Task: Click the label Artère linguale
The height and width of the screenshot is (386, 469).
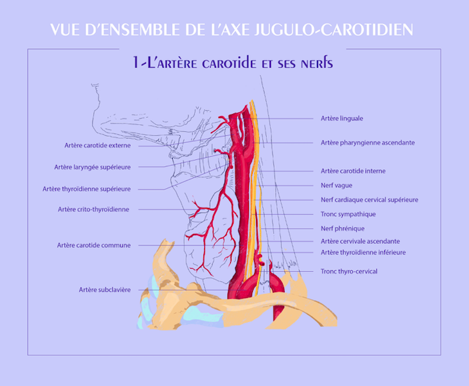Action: (x=342, y=119)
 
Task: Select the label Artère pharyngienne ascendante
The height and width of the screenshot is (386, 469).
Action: (x=368, y=143)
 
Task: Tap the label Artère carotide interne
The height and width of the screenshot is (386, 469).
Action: (x=353, y=171)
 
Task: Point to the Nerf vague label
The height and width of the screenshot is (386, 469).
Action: (x=336, y=186)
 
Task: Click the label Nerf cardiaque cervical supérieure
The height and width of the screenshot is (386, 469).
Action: (x=370, y=200)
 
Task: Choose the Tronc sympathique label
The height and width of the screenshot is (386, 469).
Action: (x=348, y=215)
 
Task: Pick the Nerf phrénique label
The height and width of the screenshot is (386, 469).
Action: (x=342, y=229)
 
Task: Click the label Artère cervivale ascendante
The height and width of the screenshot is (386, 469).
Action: (x=360, y=241)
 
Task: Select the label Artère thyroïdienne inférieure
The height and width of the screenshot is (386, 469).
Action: (x=363, y=253)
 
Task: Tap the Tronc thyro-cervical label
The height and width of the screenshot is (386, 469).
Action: (x=349, y=271)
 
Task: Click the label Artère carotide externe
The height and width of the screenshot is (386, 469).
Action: (x=97, y=145)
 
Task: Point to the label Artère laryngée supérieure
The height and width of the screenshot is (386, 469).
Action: (x=93, y=167)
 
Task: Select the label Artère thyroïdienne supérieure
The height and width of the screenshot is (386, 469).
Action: (x=87, y=189)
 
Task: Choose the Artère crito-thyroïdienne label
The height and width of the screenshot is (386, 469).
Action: (x=93, y=209)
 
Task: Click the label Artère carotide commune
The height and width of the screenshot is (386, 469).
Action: (x=94, y=245)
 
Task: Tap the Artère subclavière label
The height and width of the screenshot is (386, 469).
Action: (x=105, y=290)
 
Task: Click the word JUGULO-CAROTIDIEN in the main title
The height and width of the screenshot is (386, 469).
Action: (x=334, y=29)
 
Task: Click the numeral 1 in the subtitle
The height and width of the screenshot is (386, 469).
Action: (x=136, y=63)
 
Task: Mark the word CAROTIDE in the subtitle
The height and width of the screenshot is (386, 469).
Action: (x=229, y=63)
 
